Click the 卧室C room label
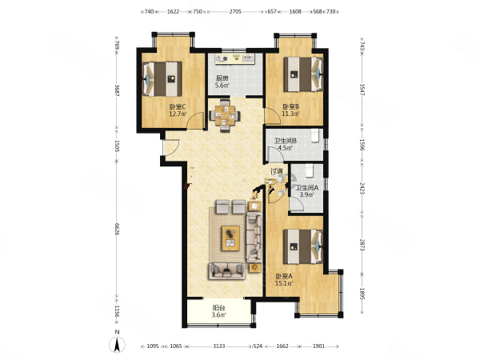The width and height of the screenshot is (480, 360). (x=178, y=107)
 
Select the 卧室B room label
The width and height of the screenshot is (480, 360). (x=290, y=107)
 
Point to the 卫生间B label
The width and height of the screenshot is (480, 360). (x=286, y=141)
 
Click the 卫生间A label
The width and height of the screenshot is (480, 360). (x=307, y=188)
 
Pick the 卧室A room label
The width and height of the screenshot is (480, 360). (x=284, y=276)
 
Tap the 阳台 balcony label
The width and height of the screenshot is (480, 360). (x=219, y=308)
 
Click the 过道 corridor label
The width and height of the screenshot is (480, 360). (x=277, y=171)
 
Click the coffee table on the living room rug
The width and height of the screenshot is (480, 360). (x=231, y=238)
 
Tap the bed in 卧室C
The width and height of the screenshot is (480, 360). (x=162, y=79)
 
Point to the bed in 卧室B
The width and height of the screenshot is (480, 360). (x=303, y=74)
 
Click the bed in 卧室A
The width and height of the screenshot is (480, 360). (x=303, y=246)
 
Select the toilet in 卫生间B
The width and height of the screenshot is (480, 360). (x=315, y=136)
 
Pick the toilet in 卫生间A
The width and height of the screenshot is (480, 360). (x=310, y=171)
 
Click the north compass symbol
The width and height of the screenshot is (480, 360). (x=117, y=345)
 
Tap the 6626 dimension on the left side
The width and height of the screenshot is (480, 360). (x=117, y=229)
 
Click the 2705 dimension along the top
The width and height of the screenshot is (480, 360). (x=235, y=12)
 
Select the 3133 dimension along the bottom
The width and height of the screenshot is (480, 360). (x=219, y=346)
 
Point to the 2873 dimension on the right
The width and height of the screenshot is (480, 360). (x=362, y=245)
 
